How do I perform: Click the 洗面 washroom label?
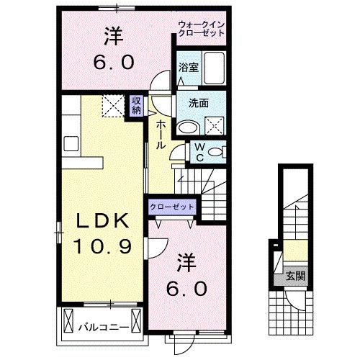199,102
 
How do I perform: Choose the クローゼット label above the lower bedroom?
173,207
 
